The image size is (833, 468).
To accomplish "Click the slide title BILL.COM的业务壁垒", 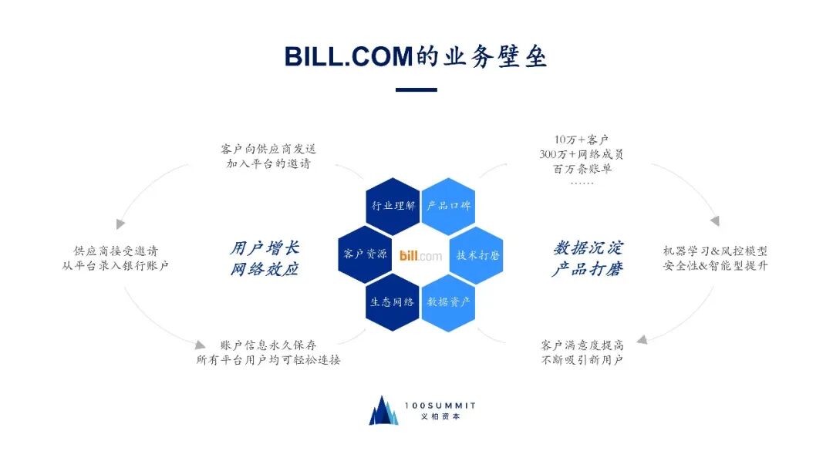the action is [416, 57].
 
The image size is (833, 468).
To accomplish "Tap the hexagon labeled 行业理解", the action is [393, 206].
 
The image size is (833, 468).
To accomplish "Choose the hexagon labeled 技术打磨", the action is [477, 254].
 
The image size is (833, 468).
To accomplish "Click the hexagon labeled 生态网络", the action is [393, 301].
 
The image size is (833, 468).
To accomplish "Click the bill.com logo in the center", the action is [421, 255].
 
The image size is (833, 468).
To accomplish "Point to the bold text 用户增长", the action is [264, 248].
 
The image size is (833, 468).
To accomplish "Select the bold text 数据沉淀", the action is [588, 248].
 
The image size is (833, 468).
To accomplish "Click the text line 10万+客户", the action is [576, 140].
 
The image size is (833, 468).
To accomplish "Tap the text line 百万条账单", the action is [576, 168].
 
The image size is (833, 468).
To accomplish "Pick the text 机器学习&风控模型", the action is [715, 251].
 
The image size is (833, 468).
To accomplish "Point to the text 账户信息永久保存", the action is [268, 345].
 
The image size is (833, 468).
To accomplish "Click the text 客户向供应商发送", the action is [268, 149].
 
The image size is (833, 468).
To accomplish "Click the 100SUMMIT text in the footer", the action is [441, 406].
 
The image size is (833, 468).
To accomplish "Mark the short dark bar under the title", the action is [416, 89].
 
